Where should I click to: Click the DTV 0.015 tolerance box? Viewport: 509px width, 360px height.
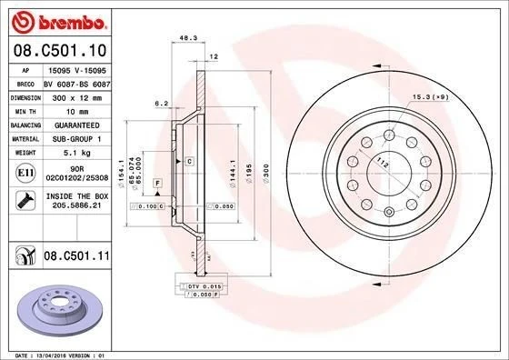(205, 287)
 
